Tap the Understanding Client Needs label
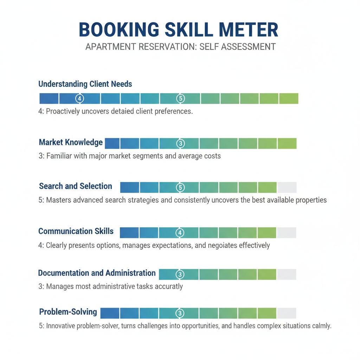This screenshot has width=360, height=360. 85,84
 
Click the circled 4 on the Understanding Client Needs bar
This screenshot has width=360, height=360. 79,98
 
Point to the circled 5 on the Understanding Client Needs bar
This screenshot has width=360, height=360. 180,98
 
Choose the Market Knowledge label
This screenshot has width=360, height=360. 71,142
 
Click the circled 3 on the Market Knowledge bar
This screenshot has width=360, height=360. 180,143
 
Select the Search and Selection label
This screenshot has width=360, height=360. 76,186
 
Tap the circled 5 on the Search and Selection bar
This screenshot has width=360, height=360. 180,187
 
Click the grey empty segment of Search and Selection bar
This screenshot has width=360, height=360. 287,187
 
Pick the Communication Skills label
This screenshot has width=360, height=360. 76,231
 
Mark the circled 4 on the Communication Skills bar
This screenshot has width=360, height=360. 179,233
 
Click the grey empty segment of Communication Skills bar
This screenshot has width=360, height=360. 287,233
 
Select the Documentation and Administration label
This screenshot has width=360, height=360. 97,273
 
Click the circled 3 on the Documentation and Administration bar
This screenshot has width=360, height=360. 179,274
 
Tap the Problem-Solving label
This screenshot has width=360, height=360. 68,312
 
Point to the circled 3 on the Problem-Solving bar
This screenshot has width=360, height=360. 179,313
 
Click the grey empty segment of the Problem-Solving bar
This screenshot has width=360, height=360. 287,313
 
